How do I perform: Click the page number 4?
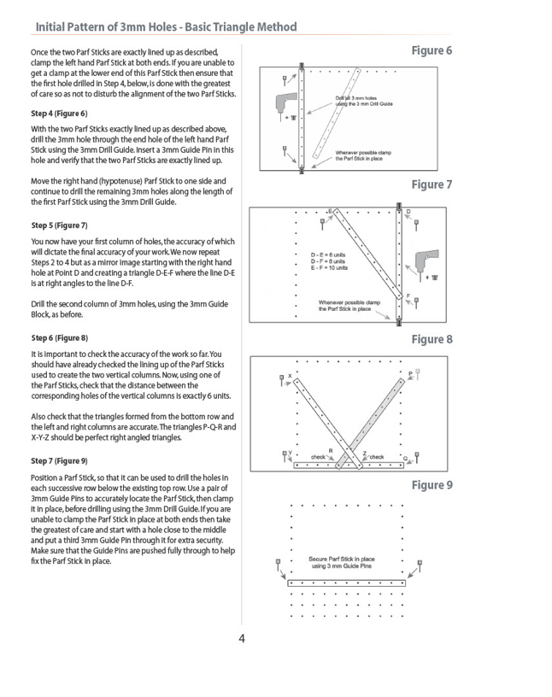242,639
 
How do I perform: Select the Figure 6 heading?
432,50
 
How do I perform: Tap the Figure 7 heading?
432,184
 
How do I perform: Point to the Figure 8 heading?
432,340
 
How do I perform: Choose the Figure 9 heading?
432,485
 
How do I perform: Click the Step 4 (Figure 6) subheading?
59,114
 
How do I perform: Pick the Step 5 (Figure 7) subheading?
59,225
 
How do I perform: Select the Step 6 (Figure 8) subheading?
60,338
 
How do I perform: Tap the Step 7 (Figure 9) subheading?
59,461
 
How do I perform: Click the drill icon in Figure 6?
285,104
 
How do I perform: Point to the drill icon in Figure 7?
427,263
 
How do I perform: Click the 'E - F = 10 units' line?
329,267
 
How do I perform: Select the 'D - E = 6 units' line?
328,255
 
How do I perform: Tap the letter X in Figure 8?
290,376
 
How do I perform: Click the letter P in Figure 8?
410,373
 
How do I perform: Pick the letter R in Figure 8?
331,451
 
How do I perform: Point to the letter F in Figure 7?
408,296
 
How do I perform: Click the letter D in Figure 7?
408,212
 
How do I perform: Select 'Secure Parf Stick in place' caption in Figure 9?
342,559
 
